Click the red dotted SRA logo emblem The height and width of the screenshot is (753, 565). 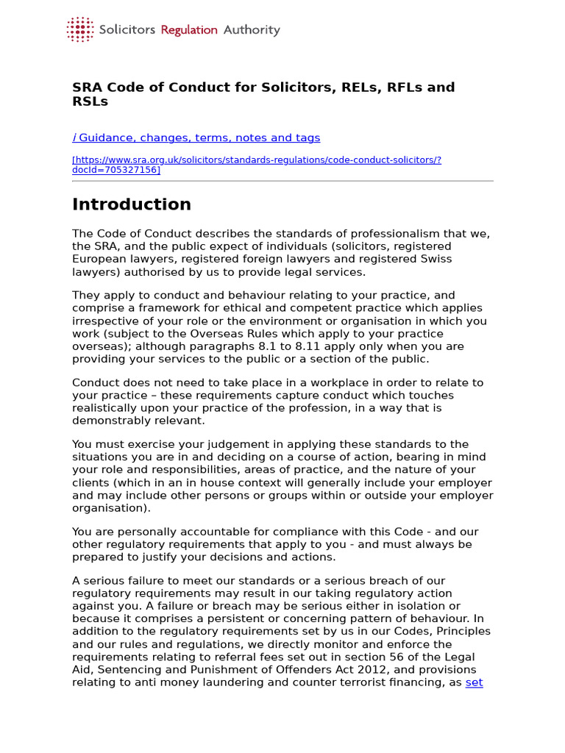point(80,29)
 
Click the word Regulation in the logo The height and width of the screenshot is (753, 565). point(189,30)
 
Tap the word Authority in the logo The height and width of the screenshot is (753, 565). point(252,30)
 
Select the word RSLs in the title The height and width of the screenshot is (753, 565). point(90,101)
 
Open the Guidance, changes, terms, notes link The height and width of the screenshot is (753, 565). point(196,138)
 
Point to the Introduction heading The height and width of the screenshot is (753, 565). point(132,204)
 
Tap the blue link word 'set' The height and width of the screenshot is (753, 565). point(474,682)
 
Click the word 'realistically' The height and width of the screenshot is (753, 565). point(107,407)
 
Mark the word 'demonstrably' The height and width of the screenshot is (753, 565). point(111,421)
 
